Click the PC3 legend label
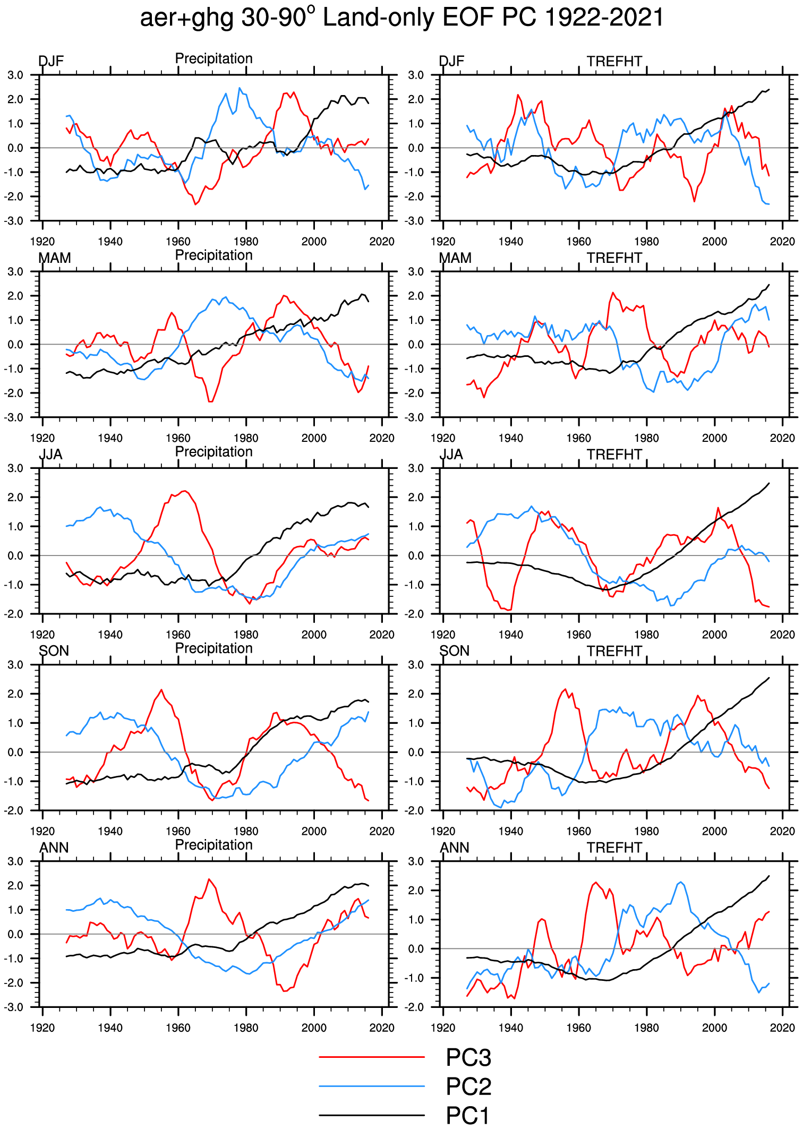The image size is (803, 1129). click(x=468, y=1058)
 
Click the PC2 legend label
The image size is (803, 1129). click(x=468, y=1087)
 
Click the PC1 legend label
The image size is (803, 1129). click(x=467, y=1115)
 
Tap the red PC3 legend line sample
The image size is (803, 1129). click(x=372, y=1057)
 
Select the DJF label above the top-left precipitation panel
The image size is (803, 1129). click(x=51, y=62)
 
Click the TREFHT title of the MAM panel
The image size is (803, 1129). click(x=614, y=258)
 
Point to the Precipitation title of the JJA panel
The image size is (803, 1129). click(x=214, y=452)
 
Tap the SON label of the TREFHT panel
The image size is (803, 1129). click(x=455, y=651)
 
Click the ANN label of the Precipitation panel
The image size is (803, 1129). click(x=54, y=848)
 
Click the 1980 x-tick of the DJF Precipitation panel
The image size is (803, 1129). click(x=246, y=242)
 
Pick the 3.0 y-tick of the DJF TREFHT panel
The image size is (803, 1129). click(x=416, y=75)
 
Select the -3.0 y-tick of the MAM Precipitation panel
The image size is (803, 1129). click(x=14, y=417)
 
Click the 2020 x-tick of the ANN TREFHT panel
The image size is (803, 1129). click(x=782, y=1028)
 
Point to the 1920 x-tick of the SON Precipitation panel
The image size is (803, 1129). click(x=42, y=831)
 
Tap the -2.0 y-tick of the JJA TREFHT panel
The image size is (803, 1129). click(x=416, y=614)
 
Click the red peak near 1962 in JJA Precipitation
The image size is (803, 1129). click(x=184, y=491)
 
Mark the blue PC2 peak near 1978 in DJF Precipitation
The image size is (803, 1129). click(x=240, y=88)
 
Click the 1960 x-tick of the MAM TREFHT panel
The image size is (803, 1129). click(x=579, y=438)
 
